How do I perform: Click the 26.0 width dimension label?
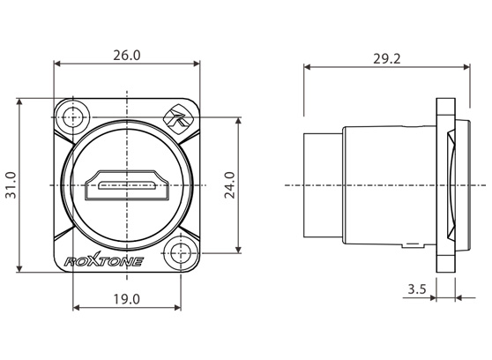coord(127,56)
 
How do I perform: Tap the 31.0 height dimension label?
coord(11,185)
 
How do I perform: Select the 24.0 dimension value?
coord(230,185)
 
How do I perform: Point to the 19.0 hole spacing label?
coord(126,299)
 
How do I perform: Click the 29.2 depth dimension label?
coord(386,59)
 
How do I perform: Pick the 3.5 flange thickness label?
coord(417,289)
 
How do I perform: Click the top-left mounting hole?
coord(73,117)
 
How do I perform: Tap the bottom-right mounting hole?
coord(181,253)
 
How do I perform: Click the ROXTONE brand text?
coord(104,260)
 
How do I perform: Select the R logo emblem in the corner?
coord(177,119)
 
